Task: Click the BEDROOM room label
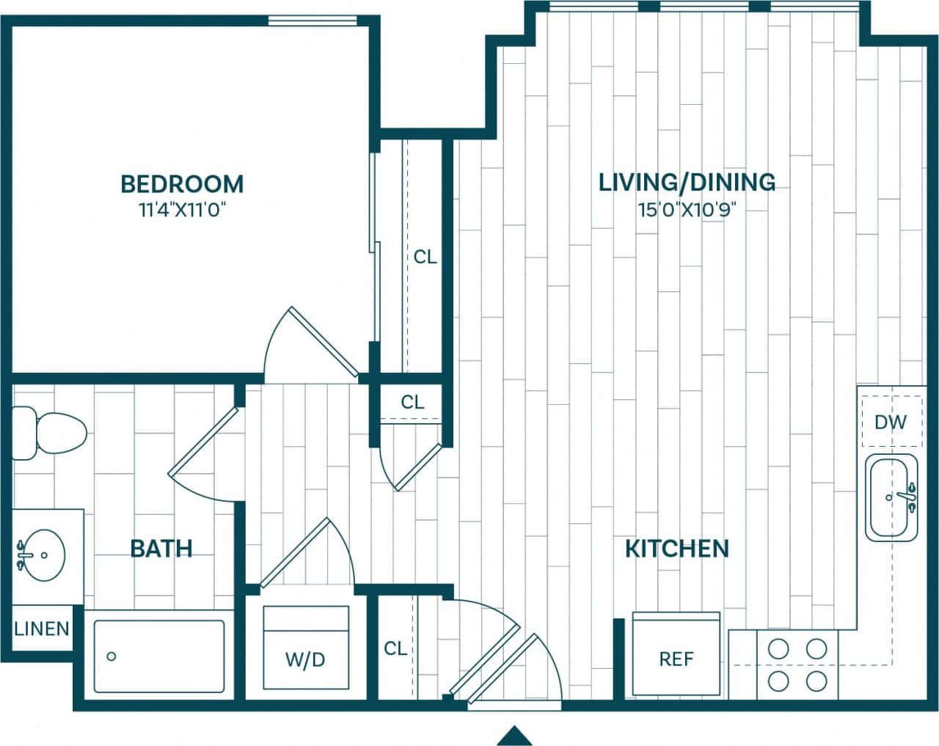click(182, 183)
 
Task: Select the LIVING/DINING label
click(687, 182)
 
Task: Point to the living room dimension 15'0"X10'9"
click(687, 211)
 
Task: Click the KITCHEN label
click(676, 549)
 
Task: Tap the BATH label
click(161, 549)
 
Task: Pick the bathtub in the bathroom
click(159, 656)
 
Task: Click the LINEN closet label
click(42, 629)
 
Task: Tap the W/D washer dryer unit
click(305, 648)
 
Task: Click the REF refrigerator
click(676, 654)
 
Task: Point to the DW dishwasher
click(891, 422)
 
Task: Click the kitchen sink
click(891, 497)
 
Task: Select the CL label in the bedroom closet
click(425, 257)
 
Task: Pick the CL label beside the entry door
click(395, 648)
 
